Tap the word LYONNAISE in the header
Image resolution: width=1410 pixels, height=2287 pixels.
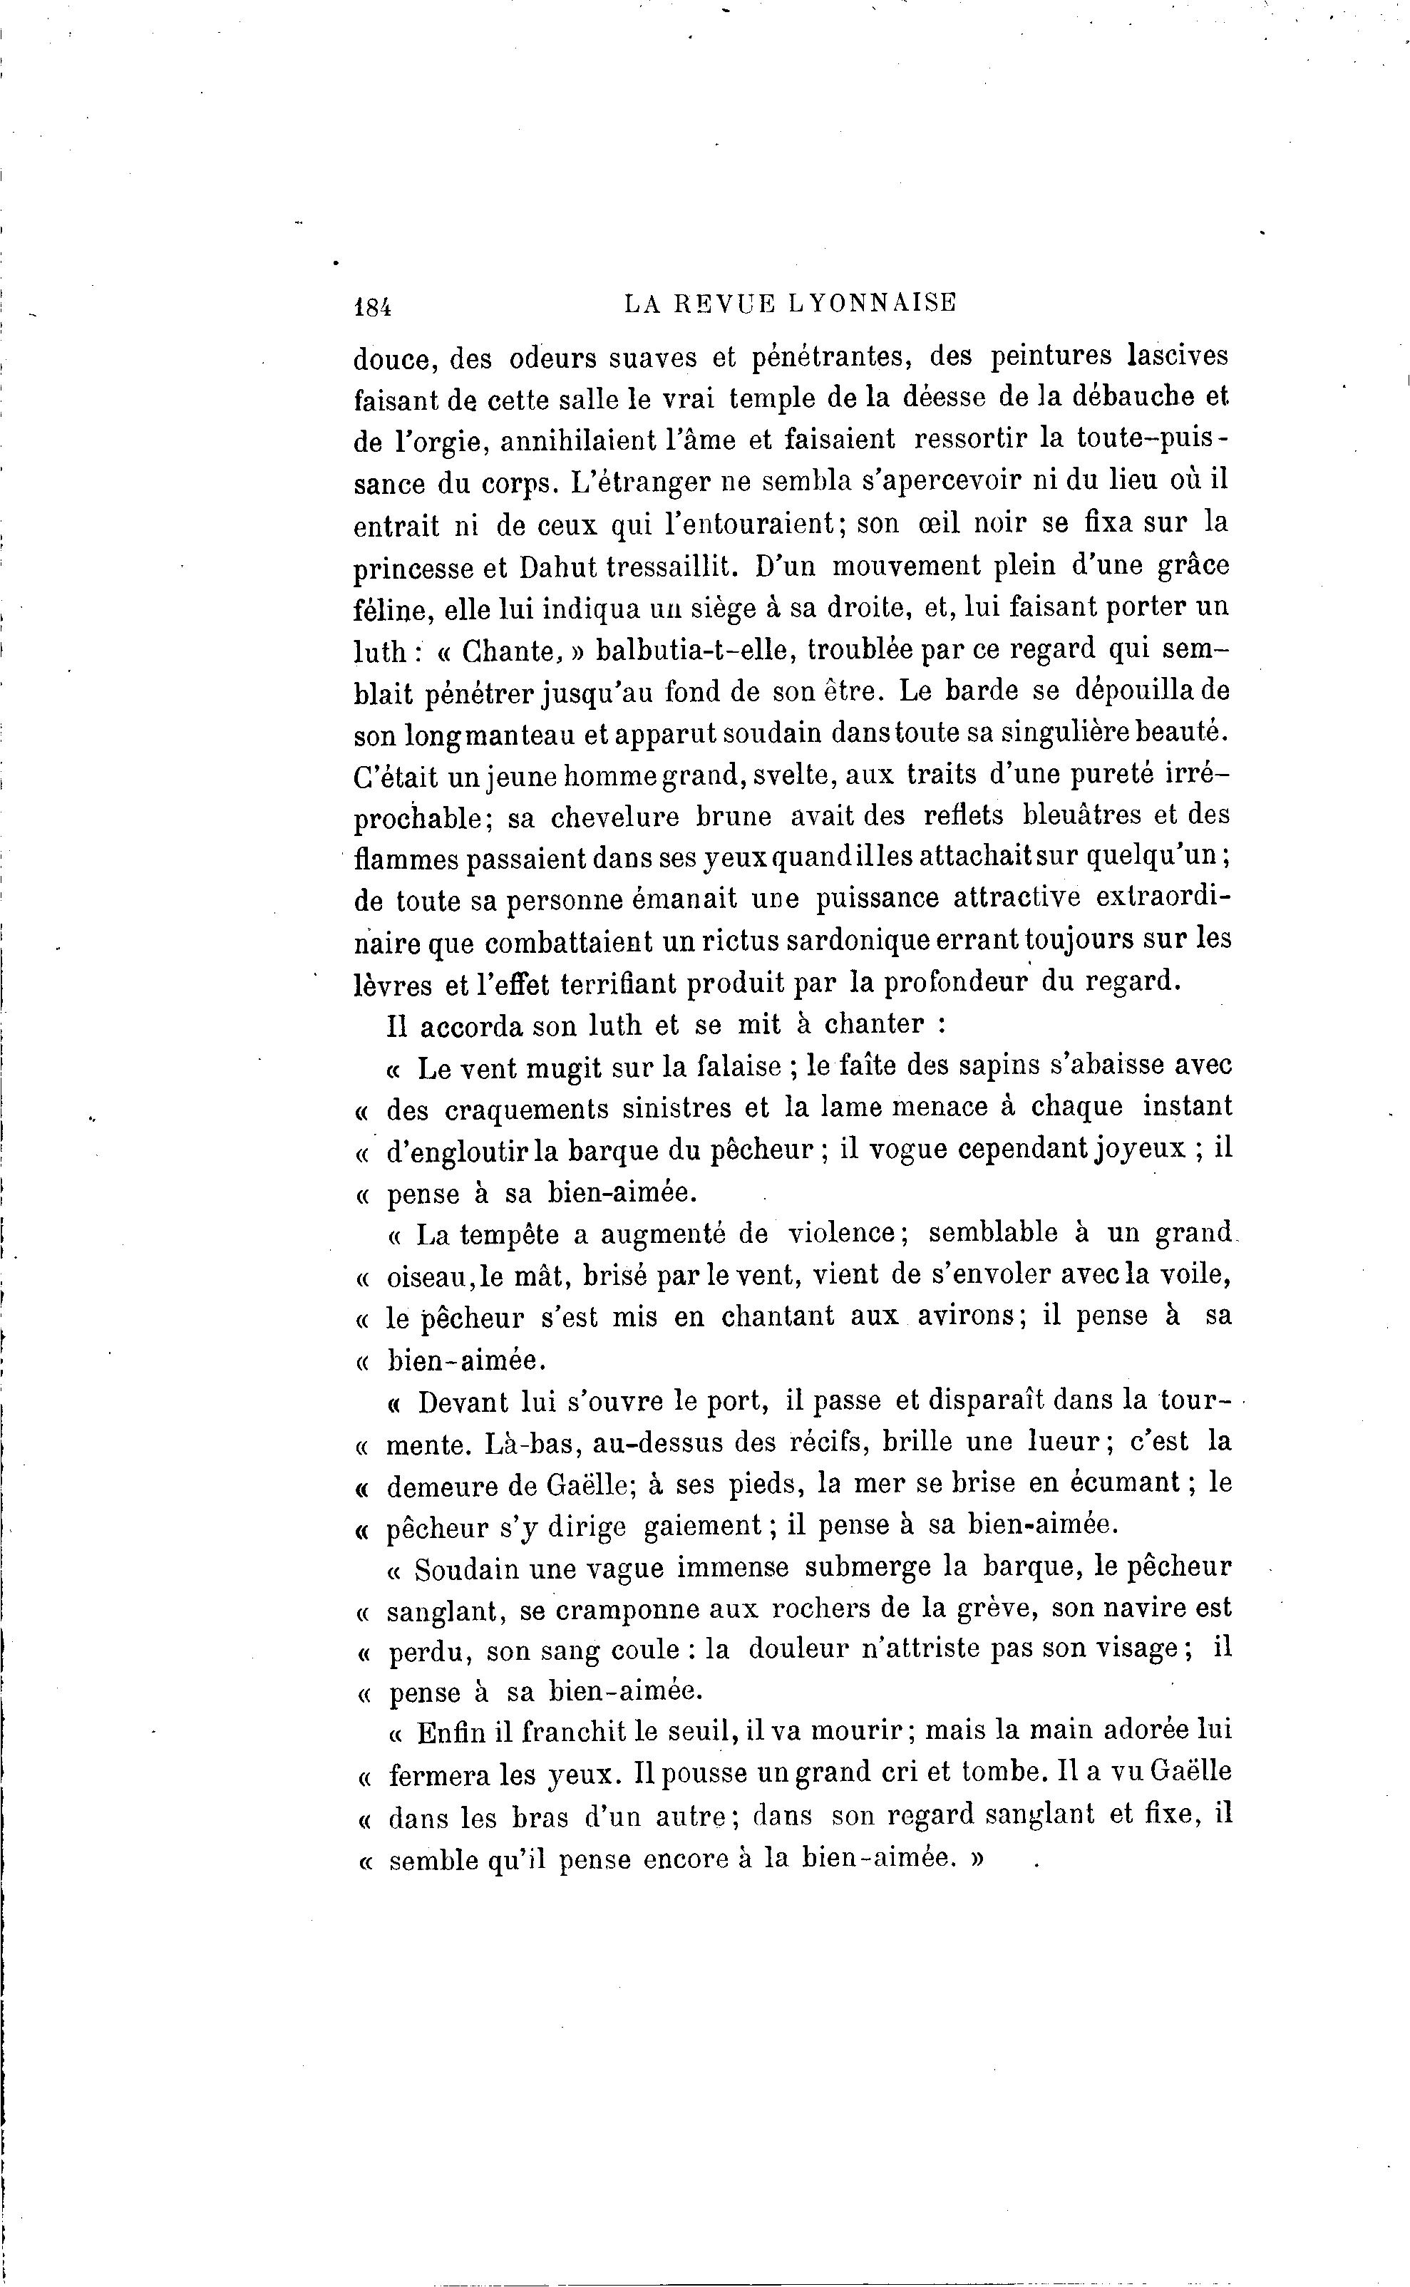click(x=872, y=303)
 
